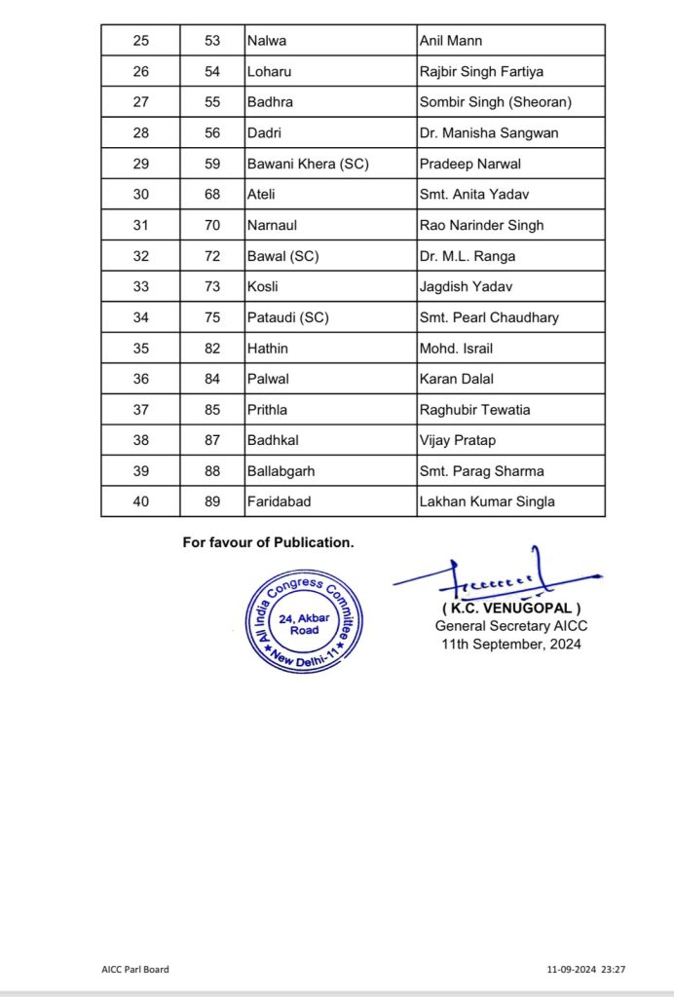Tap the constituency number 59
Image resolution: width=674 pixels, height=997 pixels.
click(213, 164)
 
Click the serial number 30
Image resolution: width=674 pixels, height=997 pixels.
click(140, 194)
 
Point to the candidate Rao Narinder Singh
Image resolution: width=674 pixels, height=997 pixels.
click(481, 225)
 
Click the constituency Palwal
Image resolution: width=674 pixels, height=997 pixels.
click(267, 379)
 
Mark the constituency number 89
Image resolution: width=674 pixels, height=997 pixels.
click(213, 501)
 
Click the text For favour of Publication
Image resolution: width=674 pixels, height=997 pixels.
click(268, 542)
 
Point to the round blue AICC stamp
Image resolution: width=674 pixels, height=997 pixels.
click(299, 618)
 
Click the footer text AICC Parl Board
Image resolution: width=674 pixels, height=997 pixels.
click(134, 970)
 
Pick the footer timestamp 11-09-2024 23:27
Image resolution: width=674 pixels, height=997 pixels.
click(586, 970)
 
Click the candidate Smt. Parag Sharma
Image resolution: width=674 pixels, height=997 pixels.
click(475, 471)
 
